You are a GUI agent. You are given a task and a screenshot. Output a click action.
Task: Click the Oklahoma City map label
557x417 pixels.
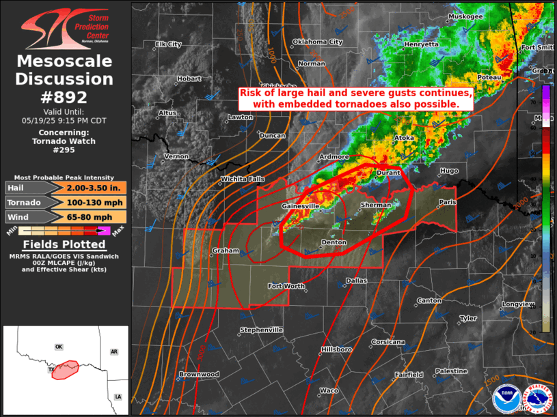317,42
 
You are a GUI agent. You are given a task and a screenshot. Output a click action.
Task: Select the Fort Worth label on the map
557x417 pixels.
285,285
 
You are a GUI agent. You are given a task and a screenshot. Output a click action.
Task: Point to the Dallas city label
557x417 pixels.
356,281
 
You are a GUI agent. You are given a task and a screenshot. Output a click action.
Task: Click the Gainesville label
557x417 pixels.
301,205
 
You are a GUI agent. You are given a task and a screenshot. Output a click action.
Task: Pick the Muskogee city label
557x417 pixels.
466,16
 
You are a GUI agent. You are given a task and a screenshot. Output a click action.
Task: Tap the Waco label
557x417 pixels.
329,390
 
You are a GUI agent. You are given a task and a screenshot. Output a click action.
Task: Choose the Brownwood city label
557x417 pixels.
199,374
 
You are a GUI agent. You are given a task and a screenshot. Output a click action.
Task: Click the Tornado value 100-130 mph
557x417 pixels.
94,203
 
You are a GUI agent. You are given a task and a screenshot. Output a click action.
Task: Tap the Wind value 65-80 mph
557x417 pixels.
94,217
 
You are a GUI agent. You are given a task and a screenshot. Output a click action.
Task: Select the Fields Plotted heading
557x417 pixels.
64,244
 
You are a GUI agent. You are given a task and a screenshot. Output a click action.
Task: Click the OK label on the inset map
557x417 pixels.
59,347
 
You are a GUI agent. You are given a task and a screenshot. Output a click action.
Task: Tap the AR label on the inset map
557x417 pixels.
114,351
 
